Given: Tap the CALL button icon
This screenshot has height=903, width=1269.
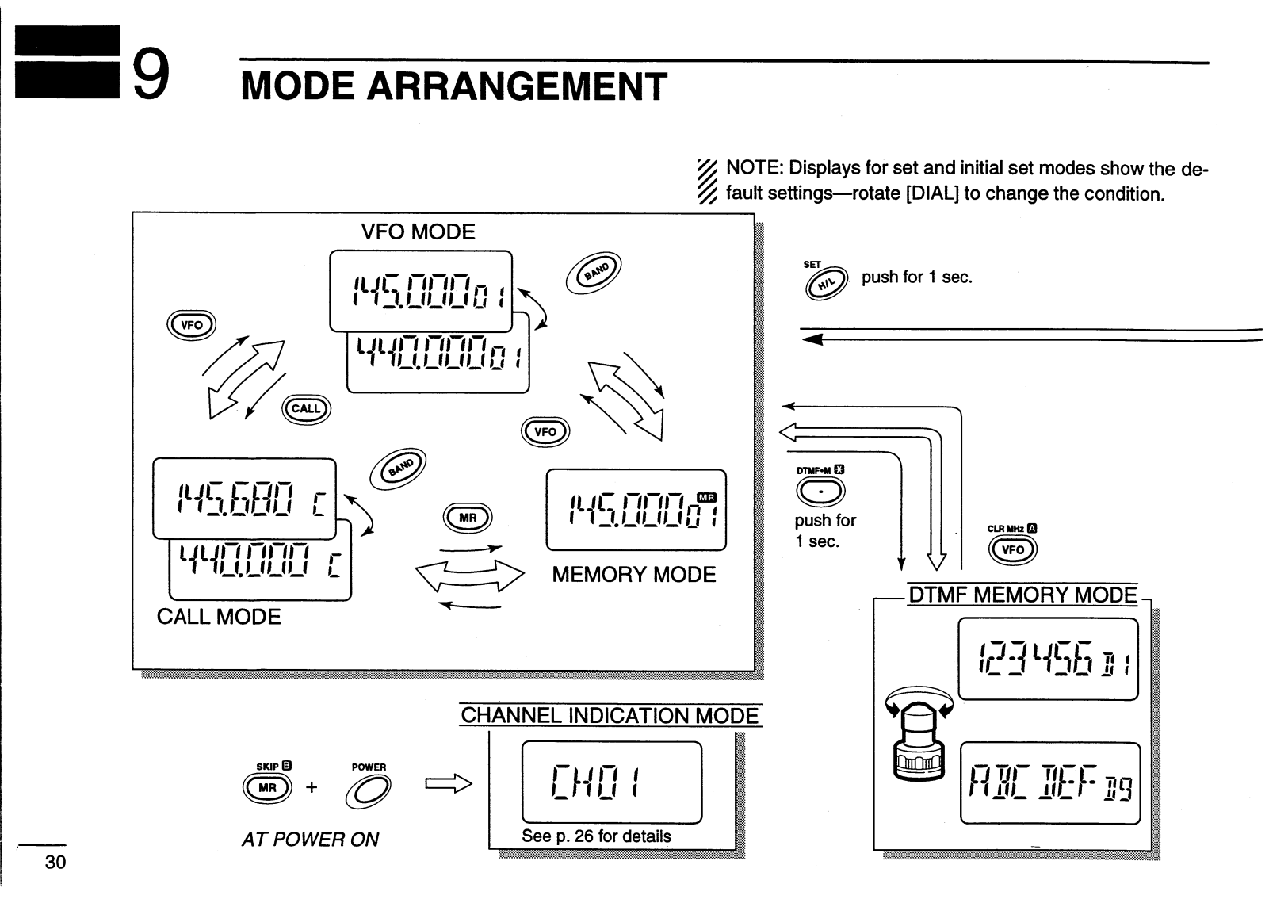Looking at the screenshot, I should (x=306, y=409).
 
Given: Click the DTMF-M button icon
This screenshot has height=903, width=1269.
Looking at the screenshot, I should (x=820, y=492).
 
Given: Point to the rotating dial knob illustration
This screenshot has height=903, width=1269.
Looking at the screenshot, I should (x=919, y=737).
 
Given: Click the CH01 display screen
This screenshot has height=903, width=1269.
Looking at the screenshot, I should (x=611, y=782).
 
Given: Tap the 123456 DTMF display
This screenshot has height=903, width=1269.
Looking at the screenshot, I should (x=1048, y=659).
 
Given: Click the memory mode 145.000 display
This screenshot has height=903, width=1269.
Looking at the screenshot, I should (x=636, y=510).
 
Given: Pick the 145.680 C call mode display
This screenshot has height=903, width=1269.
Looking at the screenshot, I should (x=244, y=499).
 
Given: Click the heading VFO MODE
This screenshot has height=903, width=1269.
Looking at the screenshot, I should (x=418, y=232).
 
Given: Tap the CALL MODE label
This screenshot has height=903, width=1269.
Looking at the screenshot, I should (x=219, y=617).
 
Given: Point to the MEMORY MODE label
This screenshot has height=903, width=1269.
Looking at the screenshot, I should (x=633, y=575).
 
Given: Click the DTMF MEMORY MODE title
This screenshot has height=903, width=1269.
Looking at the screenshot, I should (x=1022, y=595).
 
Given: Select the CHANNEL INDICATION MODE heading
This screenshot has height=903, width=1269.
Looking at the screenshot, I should (x=610, y=716).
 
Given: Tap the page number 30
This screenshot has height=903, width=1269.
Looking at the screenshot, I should (x=55, y=862).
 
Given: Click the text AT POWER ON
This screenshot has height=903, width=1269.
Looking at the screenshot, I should (x=310, y=839).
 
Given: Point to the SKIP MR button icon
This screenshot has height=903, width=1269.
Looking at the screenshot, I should (x=267, y=787).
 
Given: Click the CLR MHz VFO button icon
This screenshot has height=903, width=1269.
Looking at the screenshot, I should (x=1013, y=549).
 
